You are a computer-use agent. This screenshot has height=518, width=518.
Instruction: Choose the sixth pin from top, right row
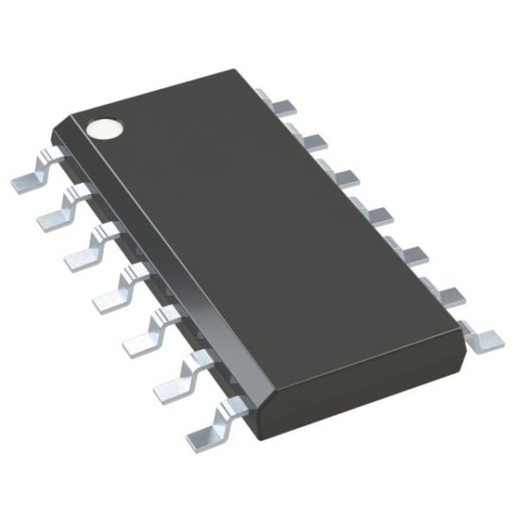443,295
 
